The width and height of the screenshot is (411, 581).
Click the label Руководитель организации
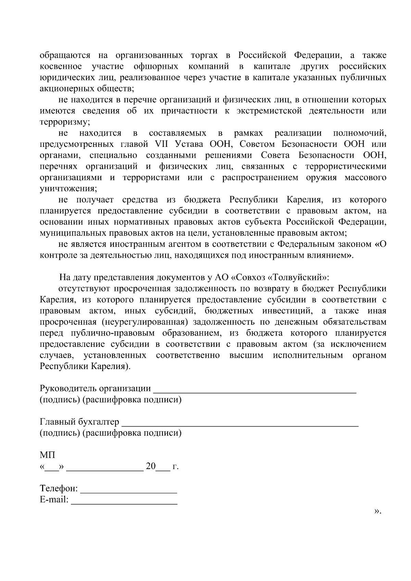tap(95, 389)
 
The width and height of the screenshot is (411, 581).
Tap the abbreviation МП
tap(47, 455)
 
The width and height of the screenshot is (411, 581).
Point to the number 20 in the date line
tap(151, 466)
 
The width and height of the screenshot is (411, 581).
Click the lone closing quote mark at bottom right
tap(377, 511)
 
